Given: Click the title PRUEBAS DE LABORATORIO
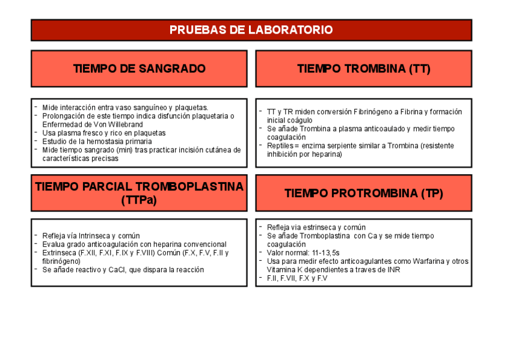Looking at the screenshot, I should click(x=251, y=30).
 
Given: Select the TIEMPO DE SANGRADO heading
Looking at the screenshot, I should click(x=139, y=69).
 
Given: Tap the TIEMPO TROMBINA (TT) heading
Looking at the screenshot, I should click(x=363, y=69).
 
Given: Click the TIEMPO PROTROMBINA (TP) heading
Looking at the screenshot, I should click(x=363, y=194).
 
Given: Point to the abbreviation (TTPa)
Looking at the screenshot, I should click(x=139, y=201).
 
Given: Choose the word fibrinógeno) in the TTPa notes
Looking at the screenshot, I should click(x=61, y=261).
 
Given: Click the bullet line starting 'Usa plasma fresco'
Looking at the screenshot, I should click(x=103, y=133).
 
